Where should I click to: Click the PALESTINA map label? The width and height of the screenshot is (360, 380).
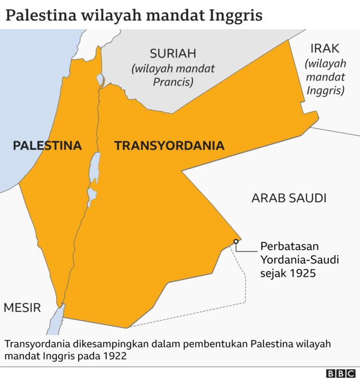coord(47,146)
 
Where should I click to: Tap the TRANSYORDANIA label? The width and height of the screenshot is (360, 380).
coord(169,146)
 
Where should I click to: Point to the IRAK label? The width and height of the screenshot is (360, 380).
coord(324,49)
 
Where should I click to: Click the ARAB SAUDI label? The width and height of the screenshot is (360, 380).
coord(289,198)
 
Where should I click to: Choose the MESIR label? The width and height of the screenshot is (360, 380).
coord(22,307)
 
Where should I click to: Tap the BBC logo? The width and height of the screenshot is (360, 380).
coord(341,373)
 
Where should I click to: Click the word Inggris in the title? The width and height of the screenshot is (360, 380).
coord(234,15)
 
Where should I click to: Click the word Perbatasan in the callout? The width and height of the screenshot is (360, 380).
coord(289,246)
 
